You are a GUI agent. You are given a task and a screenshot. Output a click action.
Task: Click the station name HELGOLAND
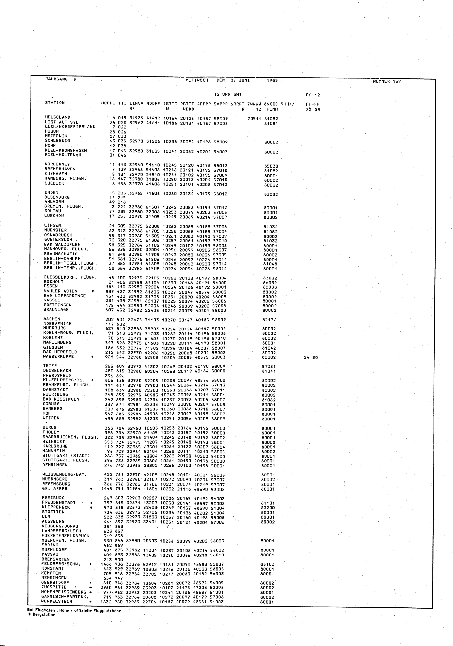(x=58, y=117)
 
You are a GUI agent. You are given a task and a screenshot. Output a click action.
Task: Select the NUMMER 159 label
(x=387, y=81)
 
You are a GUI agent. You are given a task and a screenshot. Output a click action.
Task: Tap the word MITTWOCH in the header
(x=197, y=80)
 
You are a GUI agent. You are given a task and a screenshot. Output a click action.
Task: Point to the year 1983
(x=272, y=80)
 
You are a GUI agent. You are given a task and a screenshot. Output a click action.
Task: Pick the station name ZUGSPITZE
(x=54, y=587)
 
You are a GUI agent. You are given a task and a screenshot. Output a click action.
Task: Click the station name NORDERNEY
(x=57, y=164)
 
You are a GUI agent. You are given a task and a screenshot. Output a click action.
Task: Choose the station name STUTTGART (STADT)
(x=66, y=456)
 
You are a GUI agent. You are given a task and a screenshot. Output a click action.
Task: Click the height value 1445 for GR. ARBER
(x=107, y=489)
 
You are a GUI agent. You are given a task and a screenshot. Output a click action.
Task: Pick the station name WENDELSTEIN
(x=57, y=601)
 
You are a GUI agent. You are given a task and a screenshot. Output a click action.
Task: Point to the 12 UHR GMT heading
(x=228, y=95)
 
